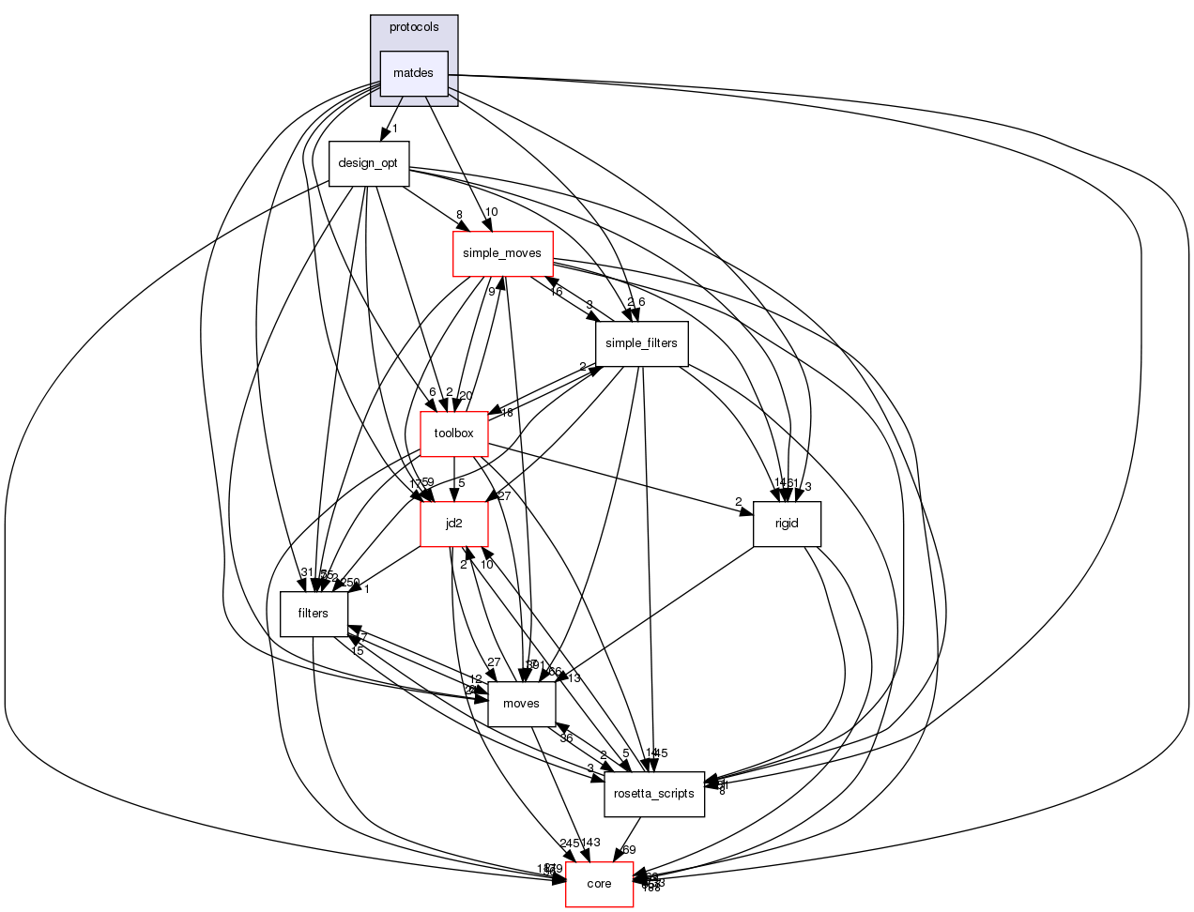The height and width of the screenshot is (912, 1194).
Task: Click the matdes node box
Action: coord(413,73)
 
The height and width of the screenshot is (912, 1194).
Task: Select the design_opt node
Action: coord(368,163)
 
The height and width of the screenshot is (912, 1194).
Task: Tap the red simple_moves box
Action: coord(502,253)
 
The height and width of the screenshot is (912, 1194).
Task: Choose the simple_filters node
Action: coord(641,343)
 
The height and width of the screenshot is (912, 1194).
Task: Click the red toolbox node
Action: coord(453,433)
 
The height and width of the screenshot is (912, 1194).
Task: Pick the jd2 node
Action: coord(453,524)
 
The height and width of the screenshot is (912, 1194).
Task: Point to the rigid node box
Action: coord(787,524)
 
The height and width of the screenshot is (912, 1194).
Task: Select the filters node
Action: coord(313,614)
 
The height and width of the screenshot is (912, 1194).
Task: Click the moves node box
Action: coord(521,704)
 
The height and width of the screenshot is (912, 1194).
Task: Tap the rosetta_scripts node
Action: coord(653,794)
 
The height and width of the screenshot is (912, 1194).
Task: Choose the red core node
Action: coord(599,884)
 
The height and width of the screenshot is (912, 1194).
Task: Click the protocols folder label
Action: coord(414,27)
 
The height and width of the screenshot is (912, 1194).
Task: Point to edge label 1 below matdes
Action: coord(395,129)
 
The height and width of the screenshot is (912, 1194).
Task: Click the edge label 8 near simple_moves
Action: coord(459,215)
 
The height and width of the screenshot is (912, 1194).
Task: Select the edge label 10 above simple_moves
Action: coord(491,211)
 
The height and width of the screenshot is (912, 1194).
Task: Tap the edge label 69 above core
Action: coord(629,850)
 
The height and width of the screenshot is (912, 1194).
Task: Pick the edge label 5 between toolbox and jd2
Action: coord(462,483)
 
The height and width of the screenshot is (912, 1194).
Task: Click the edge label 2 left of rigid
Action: coord(738,501)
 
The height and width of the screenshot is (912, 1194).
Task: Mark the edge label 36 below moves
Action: coord(566,738)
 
